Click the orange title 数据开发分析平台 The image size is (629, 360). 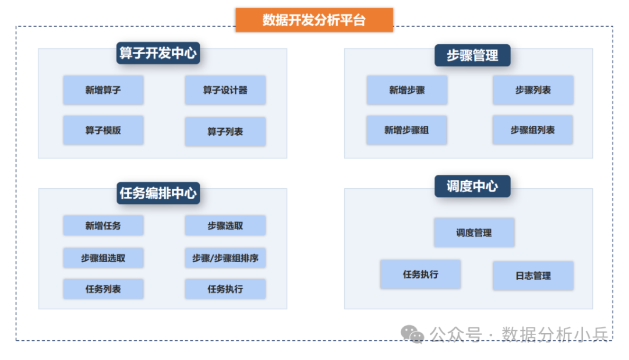point(314,20)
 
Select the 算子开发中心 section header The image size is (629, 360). point(158,54)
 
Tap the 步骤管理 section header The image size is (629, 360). point(472,56)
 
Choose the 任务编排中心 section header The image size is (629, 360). point(158,193)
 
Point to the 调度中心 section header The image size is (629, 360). point(472,186)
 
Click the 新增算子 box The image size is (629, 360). point(103,90)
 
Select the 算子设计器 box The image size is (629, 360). point(225,90)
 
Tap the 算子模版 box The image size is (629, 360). point(103,130)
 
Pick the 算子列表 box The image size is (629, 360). point(225,132)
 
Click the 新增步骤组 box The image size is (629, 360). point(407,130)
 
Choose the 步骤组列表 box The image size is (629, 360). point(532,130)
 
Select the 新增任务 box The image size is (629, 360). point(103,225)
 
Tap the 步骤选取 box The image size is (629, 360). point(225,225)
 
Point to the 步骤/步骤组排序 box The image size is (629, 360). point(225,257)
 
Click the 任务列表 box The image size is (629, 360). point(103,289)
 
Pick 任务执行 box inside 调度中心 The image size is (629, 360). point(420,274)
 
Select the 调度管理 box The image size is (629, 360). point(474,232)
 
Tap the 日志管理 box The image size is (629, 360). point(533,276)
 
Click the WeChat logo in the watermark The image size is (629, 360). point(412,334)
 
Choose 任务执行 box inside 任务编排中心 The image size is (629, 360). point(225,289)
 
